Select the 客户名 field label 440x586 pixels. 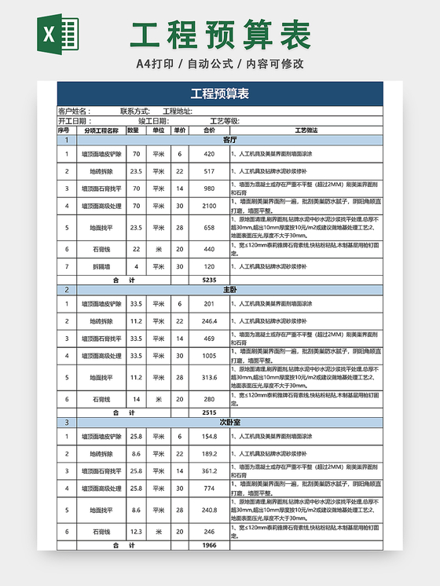[x=74, y=112]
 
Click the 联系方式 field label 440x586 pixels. [x=134, y=112]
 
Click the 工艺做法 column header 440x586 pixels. [x=306, y=130]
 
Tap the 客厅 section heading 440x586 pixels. [x=230, y=140]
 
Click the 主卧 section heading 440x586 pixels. [x=230, y=290]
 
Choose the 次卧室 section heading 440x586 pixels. [x=230, y=422]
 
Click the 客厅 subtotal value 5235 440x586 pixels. [x=209, y=280]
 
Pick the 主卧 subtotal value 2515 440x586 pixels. [x=209, y=412]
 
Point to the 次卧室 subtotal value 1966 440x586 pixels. [x=209, y=544]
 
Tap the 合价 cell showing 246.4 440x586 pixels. [x=209, y=321]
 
